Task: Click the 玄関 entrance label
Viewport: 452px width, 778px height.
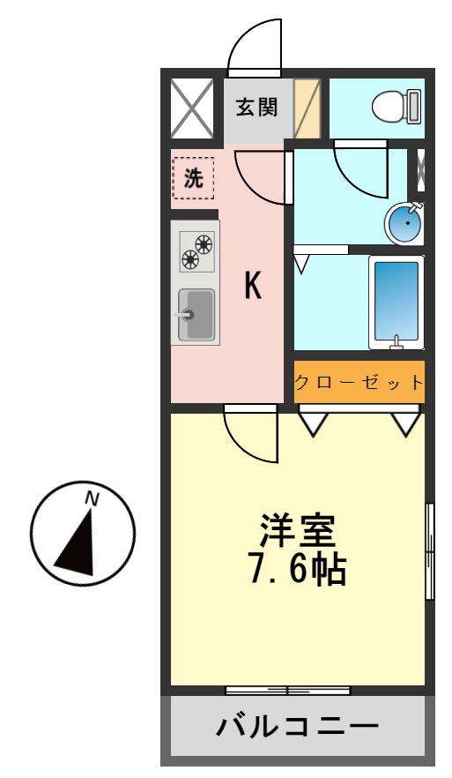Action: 256,108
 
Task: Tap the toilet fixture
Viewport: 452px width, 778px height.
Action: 396,108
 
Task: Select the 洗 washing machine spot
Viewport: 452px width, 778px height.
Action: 193,178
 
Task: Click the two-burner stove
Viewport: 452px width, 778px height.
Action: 196,249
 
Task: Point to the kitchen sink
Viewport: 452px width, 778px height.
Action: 196,314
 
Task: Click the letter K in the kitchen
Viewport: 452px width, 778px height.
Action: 253,286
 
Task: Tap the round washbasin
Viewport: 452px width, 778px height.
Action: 404,224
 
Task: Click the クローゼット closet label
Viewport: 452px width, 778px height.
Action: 359,383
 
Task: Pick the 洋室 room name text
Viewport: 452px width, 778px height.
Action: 296,533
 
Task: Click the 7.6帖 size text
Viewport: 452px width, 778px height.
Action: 296,571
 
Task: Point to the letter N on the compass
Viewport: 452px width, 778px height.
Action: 91,498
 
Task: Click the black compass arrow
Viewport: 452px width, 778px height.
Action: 77,542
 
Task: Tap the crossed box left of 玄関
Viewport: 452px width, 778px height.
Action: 191,108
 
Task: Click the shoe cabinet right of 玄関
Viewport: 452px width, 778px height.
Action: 306,108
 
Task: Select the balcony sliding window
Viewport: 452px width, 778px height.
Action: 288,690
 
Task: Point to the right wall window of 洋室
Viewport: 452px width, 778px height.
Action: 430,551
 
